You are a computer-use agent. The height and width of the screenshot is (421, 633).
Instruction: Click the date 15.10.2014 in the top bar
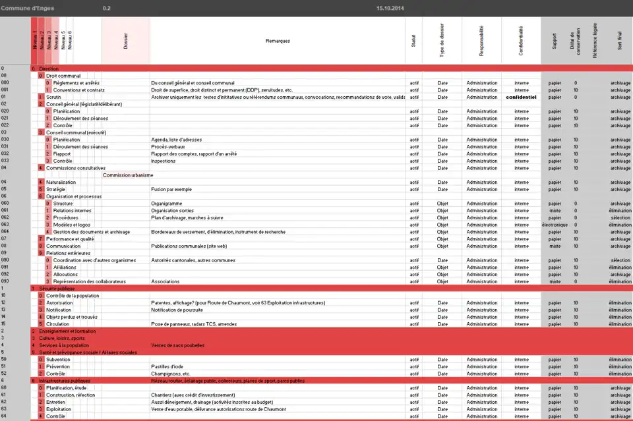coord(390,8)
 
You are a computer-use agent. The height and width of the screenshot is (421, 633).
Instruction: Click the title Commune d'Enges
coord(27,8)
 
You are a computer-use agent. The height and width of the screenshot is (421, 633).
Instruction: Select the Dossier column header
coord(126,41)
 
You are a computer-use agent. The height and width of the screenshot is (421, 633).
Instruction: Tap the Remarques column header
coord(278,41)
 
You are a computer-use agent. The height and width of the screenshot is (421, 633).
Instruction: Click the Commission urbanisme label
coord(128,175)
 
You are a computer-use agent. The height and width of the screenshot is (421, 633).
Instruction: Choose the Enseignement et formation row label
coord(63,331)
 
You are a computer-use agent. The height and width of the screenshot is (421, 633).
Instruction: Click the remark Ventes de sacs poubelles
coord(177,345)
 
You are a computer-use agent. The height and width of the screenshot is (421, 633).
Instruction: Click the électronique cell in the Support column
coord(555,225)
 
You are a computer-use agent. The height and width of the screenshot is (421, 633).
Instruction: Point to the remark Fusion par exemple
coord(171,189)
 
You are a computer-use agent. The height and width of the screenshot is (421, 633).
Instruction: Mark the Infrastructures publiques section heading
coord(65,381)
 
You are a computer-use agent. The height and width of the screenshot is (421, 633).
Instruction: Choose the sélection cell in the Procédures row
coord(620,217)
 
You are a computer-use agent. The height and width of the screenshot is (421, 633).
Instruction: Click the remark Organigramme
coord(167,204)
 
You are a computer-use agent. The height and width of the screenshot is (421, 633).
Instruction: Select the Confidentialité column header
coord(521,41)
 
